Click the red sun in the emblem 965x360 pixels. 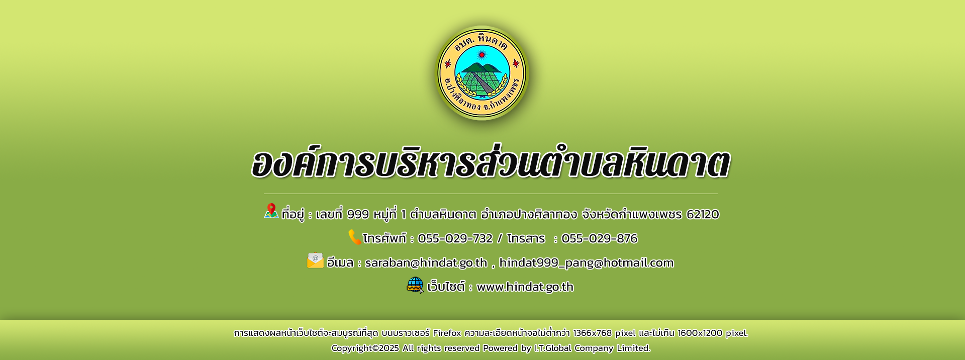click(x=482, y=54)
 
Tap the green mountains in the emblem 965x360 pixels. click(x=481, y=68)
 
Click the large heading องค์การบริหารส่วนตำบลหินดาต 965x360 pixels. click(x=491, y=162)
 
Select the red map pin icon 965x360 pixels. click(x=271, y=211)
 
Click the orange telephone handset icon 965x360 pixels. click(x=355, y=237)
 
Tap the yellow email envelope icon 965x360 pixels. click(x=315, y=260)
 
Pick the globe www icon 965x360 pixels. click(x=415, y=285)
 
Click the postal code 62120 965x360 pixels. click(x=703, y=214)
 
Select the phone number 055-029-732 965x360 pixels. click(x=455, y=238)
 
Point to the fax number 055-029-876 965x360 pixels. click(x=599, y=238)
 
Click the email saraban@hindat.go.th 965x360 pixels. click(x=426, y=262)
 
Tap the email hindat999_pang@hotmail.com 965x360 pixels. click(x=586, y=262)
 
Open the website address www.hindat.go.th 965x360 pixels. click(x=525, y=287)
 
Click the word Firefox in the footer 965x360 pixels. click(x=447, y=333)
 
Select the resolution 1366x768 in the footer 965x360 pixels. click(x=593, y=333)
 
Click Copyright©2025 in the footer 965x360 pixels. click(x=365, y=348)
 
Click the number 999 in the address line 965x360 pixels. click(x=358, y=214)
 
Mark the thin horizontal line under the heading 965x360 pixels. click(x=491, y=194)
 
